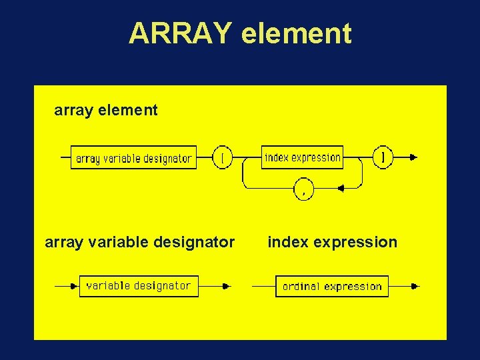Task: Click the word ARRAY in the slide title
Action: coord(181,33)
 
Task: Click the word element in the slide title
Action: coord(297,33)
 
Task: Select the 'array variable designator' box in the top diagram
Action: coord(133,158)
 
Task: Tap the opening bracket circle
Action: coord(222,157)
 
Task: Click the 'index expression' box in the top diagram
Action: coord(302,157)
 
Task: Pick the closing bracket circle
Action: coord(382,157)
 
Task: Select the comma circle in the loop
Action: coord(303,189)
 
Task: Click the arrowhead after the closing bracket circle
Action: coord(413,157)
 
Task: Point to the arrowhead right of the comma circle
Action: coord(340,189)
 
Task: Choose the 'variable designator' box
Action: coord(139,286)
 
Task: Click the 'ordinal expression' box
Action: coord(332,287)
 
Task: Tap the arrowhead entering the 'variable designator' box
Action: coord(74,286)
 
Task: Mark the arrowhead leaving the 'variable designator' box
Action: coord(226,286)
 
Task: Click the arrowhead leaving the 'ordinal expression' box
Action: coord(415,287)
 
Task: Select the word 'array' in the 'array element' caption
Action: coord(72,111)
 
